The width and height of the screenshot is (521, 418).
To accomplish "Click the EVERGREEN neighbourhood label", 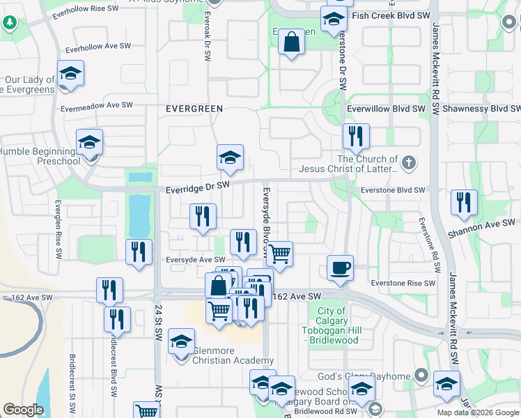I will pos(194,109).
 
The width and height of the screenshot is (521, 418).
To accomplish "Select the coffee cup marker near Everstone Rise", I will pos(340,268).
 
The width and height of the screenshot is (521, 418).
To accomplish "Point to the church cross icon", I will pos(409,163).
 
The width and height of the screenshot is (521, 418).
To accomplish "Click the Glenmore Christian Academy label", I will pos(223,355).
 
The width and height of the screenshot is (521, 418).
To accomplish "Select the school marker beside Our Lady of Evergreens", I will pos(70,73).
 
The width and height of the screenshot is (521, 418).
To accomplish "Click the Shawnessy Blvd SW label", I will pos(482,109).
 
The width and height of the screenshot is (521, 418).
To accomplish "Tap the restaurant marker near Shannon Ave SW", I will pos(464,203).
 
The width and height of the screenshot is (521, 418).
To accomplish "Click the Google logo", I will pos(23,410).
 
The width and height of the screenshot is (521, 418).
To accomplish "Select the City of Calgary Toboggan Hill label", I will pos(331,325).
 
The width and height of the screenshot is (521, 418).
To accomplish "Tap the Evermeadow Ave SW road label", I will pos(96,106).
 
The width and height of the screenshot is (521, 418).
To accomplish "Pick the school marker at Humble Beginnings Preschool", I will pos(89,143).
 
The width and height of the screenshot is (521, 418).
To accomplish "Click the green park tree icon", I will pos(10,22).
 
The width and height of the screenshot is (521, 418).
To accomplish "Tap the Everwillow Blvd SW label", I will pos(387,109).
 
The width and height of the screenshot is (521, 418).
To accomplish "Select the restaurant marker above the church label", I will pos(356,137).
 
